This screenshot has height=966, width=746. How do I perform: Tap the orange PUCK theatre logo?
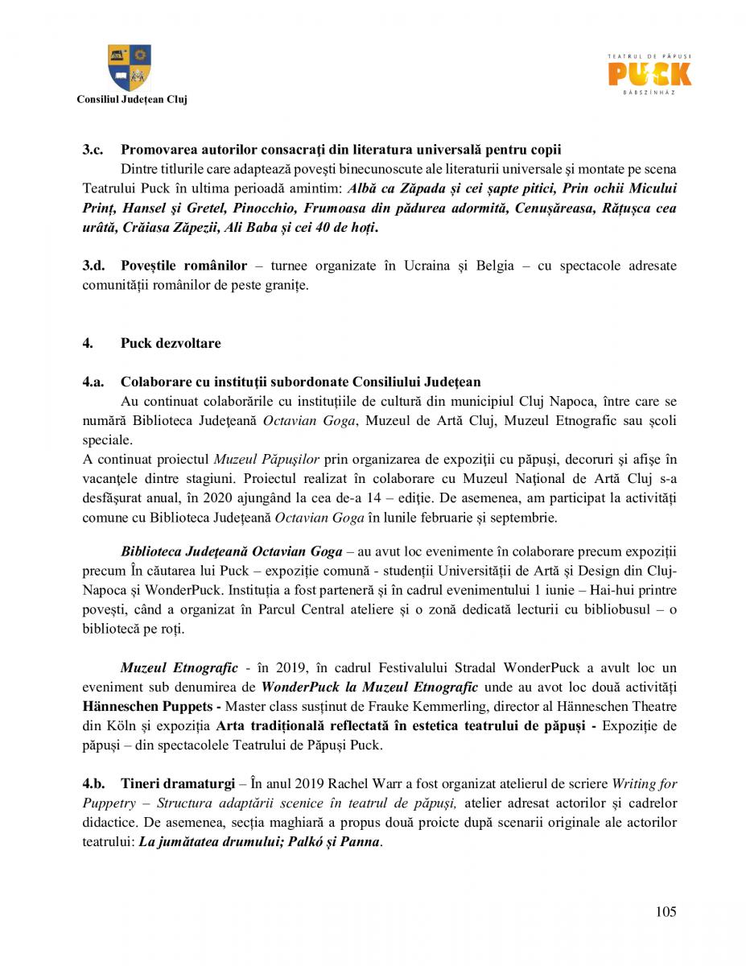pos(649,74)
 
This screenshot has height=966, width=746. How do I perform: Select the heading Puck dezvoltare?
pos(170,343)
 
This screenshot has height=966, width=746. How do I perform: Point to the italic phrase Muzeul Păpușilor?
pos(266,459)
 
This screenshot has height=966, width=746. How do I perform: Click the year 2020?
pos(220,497)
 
